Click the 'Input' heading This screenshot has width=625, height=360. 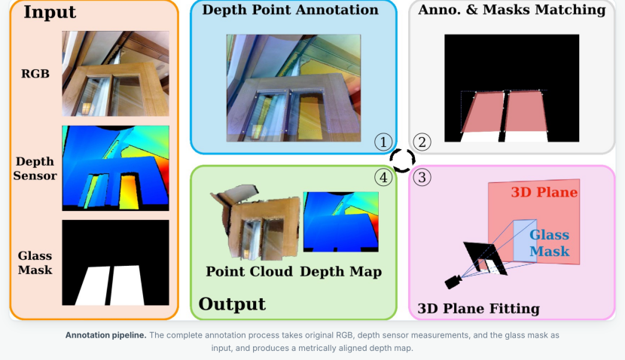(50, 12)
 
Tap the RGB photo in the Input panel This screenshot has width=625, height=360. (116, 74)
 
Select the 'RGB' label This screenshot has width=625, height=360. (35, 74)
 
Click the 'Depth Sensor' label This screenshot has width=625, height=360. (35, 169)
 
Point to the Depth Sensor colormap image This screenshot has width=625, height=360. (116, 168)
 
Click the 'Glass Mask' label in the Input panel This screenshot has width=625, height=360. (35, 263)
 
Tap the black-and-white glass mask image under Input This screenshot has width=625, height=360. (116, 263)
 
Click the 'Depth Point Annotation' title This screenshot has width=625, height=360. (290, 10)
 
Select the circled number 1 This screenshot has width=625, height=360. (383, 142)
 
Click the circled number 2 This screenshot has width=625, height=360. (422, 142)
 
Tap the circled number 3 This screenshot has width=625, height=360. (422, 178)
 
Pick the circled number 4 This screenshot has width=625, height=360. (383, 178)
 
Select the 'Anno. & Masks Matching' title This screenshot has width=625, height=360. (512, 10)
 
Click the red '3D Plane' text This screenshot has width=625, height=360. (544, 192)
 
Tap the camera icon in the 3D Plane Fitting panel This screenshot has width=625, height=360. (453, 282)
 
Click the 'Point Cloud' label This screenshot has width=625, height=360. (249, 271)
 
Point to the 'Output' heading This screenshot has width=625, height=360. (232, 304)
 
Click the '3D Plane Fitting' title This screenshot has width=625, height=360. (479, 309)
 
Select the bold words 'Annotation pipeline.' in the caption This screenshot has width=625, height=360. (106, 335)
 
